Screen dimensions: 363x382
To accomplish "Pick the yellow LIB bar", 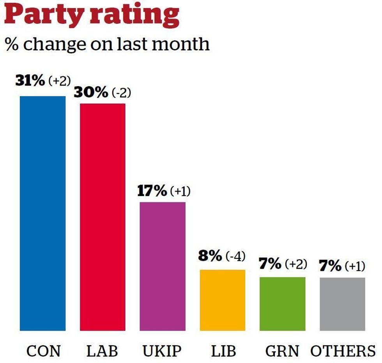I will click(x=223, y=300).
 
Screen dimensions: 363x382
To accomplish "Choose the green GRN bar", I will click(x=283, y=304).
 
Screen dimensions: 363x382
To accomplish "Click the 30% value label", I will click(x=90, y=93).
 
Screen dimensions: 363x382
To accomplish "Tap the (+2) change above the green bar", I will click(x=295, y=264).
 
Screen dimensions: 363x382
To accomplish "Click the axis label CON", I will click(x=44, y=351).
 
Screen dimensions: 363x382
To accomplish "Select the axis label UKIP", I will click(x=162, y=351).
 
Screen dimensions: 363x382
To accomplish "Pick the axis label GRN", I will click(x=283, y=351).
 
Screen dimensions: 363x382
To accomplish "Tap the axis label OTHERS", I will click(x=343, y=351).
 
